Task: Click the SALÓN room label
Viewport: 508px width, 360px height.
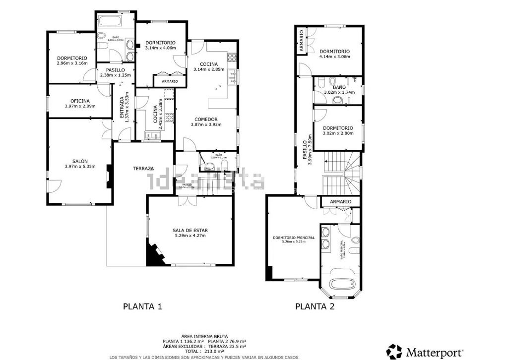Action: coord(80,161)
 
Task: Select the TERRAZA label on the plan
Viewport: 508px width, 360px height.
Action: coord(143,169)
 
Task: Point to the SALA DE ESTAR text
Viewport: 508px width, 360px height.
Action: coord(190,230)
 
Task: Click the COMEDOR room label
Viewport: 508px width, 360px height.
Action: coord(206,119)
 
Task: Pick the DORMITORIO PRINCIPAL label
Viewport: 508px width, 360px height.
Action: coord(294,238)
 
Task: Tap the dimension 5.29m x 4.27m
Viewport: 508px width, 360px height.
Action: coord(190,236)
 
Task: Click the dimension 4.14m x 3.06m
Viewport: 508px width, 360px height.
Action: coord(334,57)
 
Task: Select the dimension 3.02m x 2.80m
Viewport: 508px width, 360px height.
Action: coord(338,133)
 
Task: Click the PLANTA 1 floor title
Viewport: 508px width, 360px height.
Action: coord(142,306)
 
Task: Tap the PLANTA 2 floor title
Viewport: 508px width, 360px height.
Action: coord(315,306)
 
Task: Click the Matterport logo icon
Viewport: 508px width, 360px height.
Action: coord(395,352)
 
